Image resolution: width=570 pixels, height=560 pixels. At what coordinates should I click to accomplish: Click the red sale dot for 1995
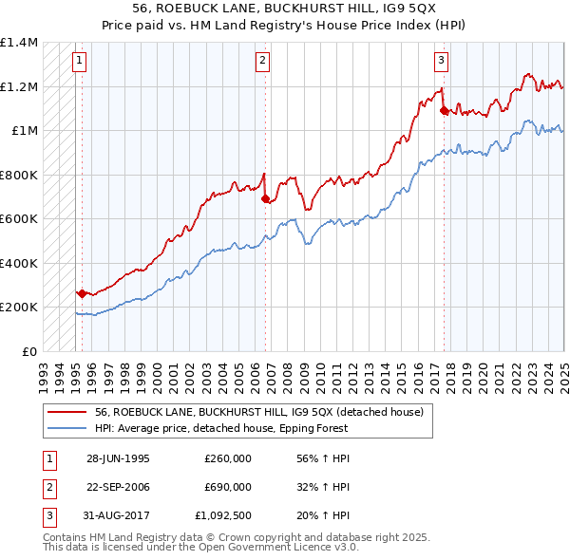click(83, 294)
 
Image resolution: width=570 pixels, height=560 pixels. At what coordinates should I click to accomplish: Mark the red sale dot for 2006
click(265, 199)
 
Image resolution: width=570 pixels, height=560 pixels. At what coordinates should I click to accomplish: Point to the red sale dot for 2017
click(445, 111)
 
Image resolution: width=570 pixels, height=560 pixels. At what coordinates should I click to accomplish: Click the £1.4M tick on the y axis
click(19, 43)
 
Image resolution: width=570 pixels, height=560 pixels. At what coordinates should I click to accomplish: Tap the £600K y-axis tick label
click(19, 218)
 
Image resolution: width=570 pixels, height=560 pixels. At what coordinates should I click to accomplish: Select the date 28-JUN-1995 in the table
click(118, 457)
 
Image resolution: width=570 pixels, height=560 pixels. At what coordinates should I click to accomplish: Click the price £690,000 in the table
click(228, 487)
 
